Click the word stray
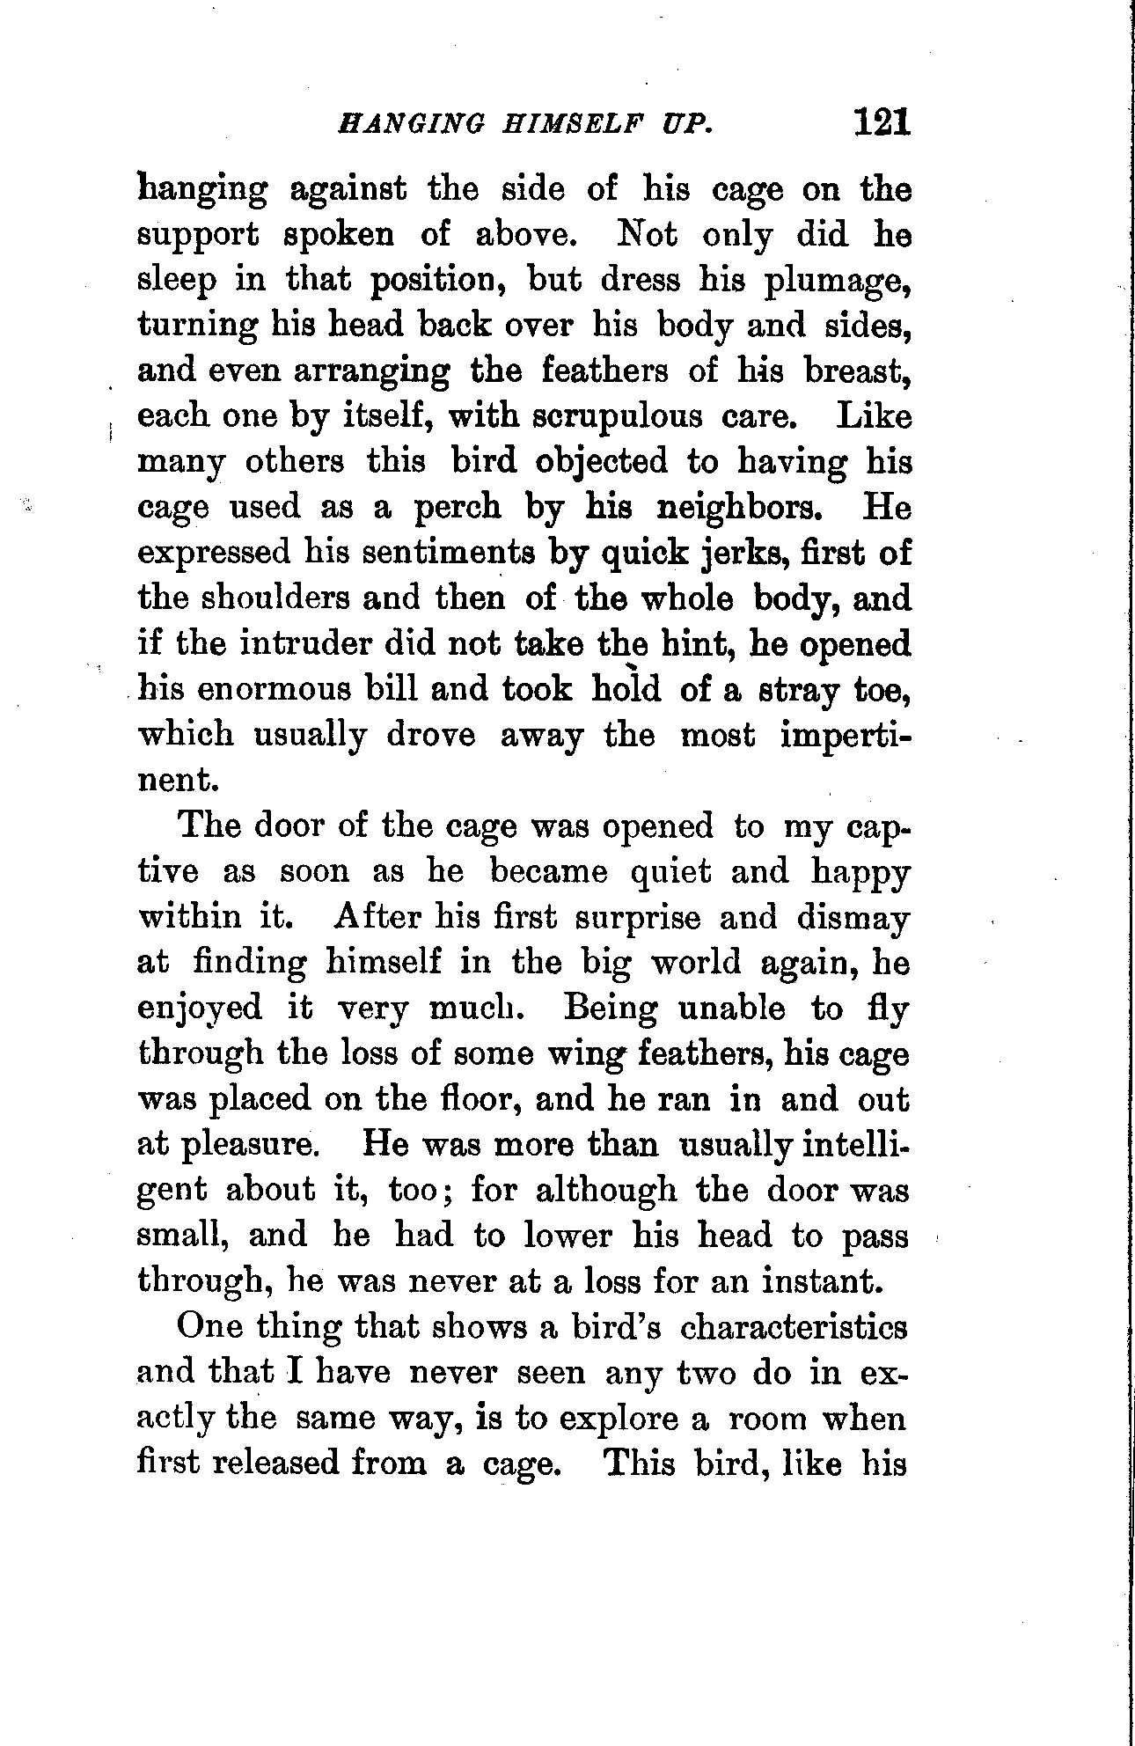point(797,689)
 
